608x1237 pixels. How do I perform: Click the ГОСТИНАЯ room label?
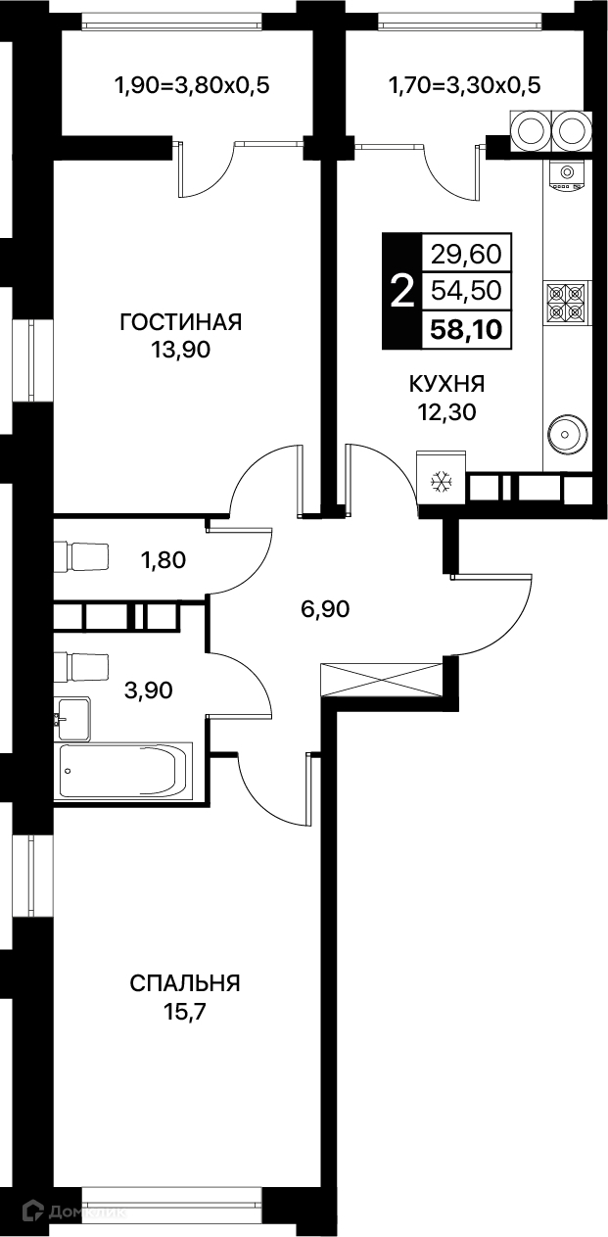pos(181,321)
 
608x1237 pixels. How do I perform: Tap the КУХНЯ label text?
pos(446,384)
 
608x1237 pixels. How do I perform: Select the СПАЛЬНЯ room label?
pos(185,983)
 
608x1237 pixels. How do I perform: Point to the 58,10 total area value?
pos(467,330)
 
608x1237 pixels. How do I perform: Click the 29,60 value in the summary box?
pos(467,254)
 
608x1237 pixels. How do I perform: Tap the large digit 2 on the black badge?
pos(402,292)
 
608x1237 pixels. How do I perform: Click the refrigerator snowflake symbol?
pos(442,482)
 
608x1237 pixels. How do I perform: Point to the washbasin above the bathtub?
pos(70,719)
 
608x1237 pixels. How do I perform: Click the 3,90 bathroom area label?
pos(149,690)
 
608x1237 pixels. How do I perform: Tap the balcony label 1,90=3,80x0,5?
pos(192,85)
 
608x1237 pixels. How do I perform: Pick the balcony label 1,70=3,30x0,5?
pos(464,85)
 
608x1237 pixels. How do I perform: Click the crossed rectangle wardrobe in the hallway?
pos(382,680)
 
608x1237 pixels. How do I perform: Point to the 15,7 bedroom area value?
pos(184,1013)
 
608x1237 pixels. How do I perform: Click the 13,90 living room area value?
pos(182,350)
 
